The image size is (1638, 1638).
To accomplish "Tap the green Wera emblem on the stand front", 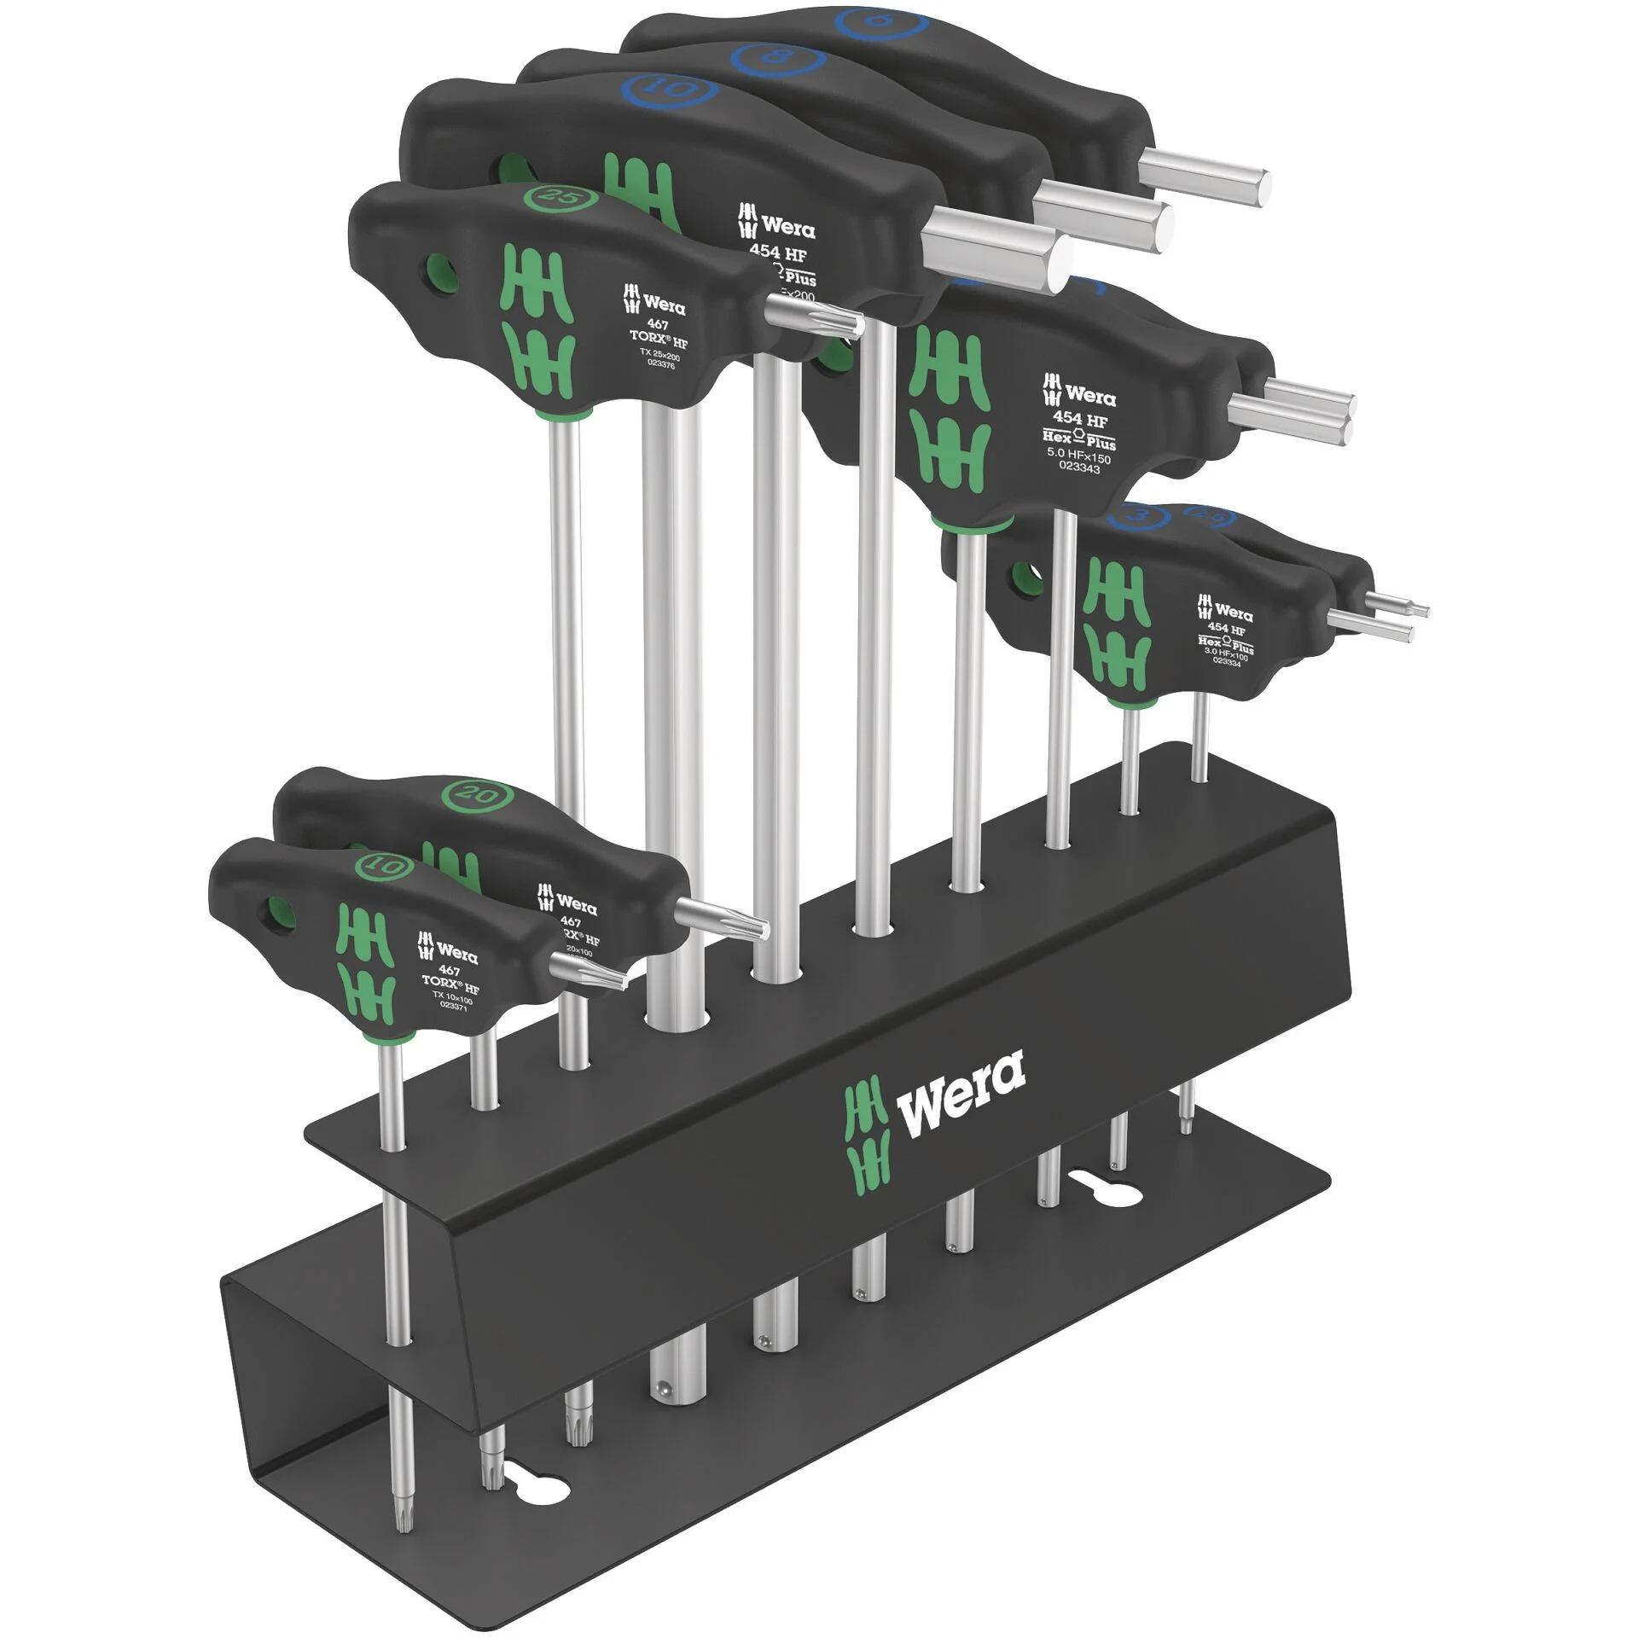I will point(866,1130).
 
